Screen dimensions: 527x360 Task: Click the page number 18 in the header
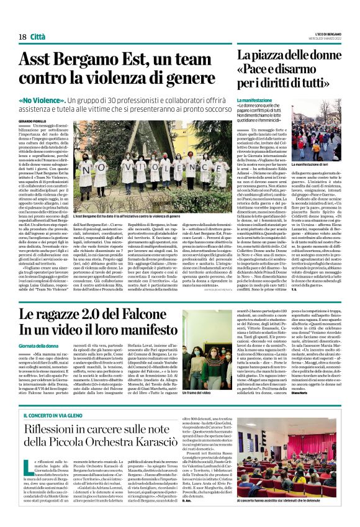coord(22,37)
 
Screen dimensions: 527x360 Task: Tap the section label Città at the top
coord(39,37)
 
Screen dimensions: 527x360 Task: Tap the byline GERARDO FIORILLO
coord(34,121)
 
